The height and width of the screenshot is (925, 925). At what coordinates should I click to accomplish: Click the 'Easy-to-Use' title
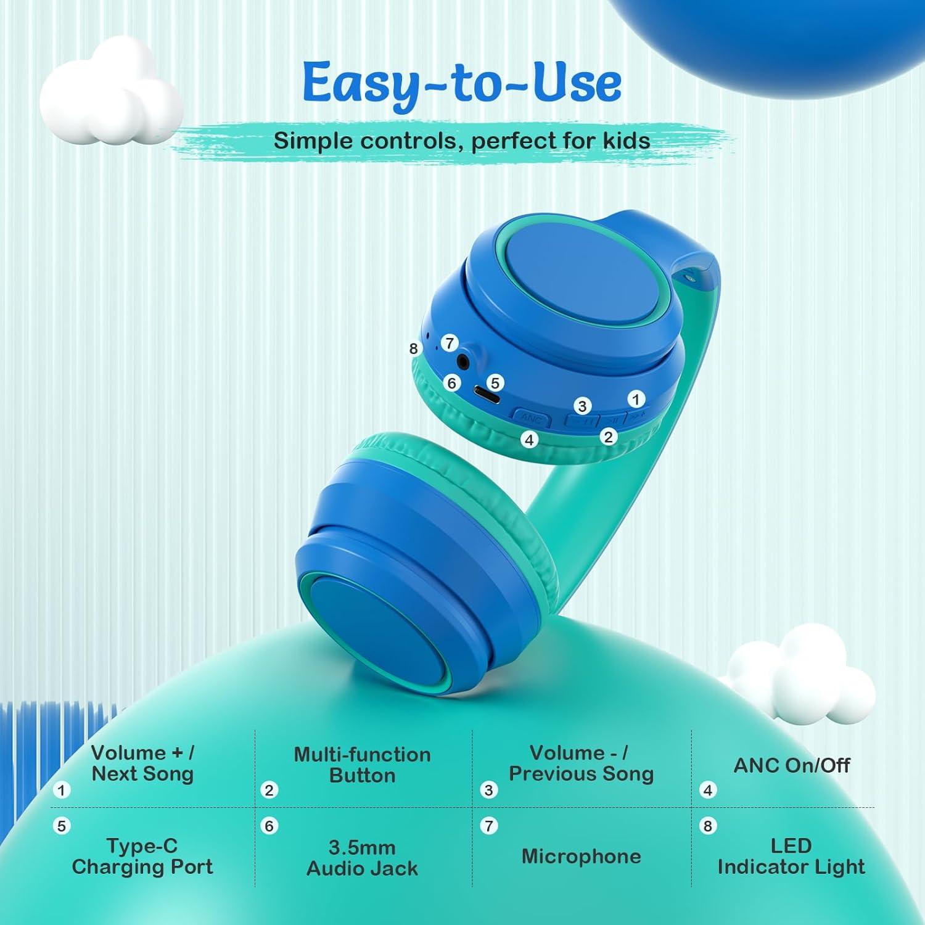pyautogui.click(x=462, y=83)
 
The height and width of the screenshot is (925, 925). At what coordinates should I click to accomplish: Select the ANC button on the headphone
pyautogui.click(x=530, y=418)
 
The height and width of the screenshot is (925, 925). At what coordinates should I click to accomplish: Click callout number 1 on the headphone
pyautogui.click(x=636, y=399)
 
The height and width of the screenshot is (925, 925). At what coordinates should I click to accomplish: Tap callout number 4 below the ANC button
pyautogui.click(x=528, y=440)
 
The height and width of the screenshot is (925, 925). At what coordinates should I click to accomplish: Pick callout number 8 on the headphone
pyautogui.click(x=414, y=348)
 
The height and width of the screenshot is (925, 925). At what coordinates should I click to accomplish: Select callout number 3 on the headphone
pyautogui.click(x=582, y=406)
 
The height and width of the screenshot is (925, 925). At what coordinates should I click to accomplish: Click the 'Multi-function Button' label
pyautogui.click(x=362, y=765)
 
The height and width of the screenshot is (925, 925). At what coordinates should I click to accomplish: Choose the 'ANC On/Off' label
pyautogui.click(x=791, y=765)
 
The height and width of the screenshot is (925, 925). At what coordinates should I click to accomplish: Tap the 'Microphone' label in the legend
pyautogui.click(x=581, y=856)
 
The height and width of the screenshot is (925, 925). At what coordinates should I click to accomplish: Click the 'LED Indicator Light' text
pyautogui.click(x=791, y=856)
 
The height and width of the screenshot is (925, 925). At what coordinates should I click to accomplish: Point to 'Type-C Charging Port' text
pyautogui.click(x=142, y=856)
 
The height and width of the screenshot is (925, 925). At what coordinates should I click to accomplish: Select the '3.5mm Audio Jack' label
pyautogui.click(x=362, y=858)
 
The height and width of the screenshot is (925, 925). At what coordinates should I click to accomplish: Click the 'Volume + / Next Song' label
pyautogui.click(x=142, y=763)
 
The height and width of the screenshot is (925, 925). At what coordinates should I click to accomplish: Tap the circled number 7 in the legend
pyautogui.click(x=489, y=826)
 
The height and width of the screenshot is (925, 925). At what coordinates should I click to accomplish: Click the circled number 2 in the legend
pyautogui.click(x=269, y=790)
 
